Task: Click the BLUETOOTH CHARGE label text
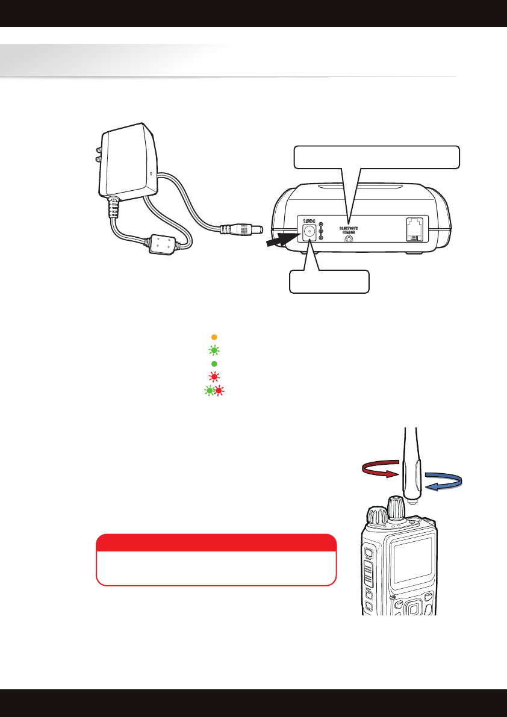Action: click(348, 230)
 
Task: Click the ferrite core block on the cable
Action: click(160, 244)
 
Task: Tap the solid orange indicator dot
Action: click(214, 337)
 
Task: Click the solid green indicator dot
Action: click(214, 364)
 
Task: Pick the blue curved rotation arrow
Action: click(443, 482)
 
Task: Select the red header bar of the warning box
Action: click(216, 542)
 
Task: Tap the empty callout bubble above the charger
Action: click(377, 157)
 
